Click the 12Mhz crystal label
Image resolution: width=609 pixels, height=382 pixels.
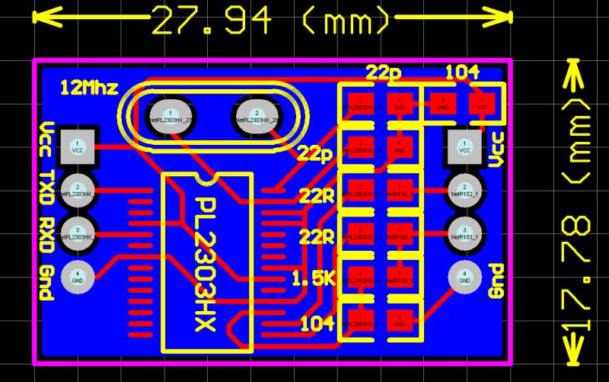point(89,88)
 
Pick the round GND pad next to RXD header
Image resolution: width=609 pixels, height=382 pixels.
point(78,275)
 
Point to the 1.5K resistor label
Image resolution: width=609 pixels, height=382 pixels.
point(313,279)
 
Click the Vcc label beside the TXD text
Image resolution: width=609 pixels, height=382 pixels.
point(46,140)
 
